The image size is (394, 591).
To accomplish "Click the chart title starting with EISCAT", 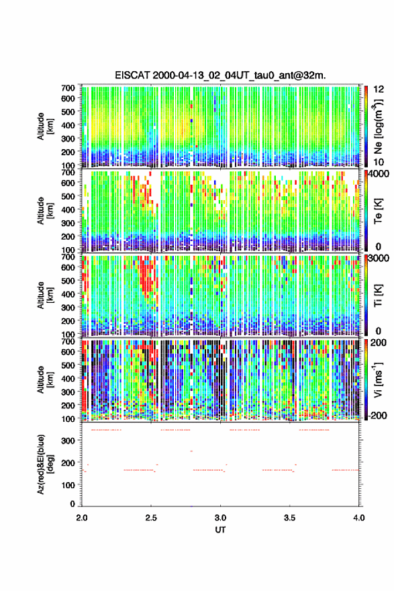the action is tap(220, 75).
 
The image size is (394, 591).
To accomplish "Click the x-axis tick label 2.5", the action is tap(151, 518).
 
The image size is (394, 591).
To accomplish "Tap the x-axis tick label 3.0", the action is tap(220, 518).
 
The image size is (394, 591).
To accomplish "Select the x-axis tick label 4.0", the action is tap(359, 518).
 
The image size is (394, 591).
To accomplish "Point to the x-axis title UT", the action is tap(220, 530).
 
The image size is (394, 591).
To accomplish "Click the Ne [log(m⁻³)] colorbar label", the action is tap(378, 126).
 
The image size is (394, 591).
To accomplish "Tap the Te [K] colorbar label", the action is tap(378, 211).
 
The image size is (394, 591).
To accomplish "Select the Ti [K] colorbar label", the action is tap(378, 295).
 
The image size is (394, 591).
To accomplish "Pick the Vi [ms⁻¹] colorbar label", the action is tap(378, 379).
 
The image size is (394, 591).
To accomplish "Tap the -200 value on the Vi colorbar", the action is tap(377, 415).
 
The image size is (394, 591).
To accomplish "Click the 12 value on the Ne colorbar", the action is tap(379, 89).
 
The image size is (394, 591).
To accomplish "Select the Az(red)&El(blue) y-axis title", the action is tap(45, 464).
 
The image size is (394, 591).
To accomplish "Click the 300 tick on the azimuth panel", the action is tap(68, 441).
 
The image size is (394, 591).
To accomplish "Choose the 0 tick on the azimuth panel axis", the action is tap(72, 504).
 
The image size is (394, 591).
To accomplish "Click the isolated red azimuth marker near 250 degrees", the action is tap(191, 451).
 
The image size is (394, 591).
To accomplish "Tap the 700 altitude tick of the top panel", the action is tap(68, 88).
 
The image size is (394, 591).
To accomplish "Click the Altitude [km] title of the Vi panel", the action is tap(45, 379).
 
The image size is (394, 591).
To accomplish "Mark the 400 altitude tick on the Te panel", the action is tap(68, 210).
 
